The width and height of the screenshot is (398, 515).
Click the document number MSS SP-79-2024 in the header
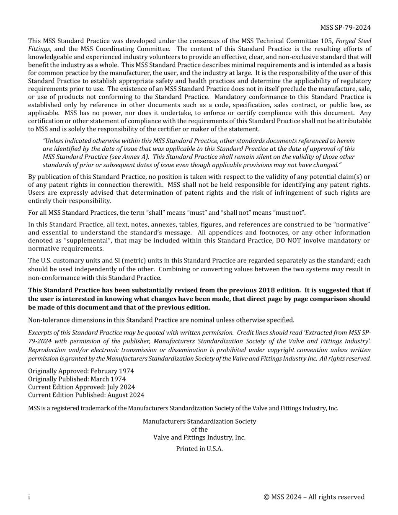tap(346, 28)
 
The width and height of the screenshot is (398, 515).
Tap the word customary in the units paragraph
tap(68, 260)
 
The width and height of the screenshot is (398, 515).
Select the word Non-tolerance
tap(48, 320)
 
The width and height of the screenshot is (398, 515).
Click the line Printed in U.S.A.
tap(199, 449)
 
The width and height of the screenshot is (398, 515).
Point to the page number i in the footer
tap(29, 497)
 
